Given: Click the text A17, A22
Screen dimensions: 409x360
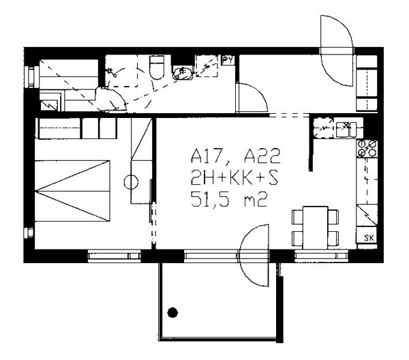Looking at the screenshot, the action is [236, 155].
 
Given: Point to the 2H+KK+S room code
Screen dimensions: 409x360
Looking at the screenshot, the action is [234, 178].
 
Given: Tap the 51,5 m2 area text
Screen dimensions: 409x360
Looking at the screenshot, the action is [229, 200].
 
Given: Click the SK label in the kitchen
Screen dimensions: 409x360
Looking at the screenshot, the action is [369, 238].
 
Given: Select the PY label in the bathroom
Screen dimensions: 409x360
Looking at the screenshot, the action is [228, 60].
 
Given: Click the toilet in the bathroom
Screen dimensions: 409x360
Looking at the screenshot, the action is [157, 67].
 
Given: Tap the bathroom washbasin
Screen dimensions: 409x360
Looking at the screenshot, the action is [183, 72].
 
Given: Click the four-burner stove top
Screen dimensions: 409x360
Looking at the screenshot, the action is [367, 148].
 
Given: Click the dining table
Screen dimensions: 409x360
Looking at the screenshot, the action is [315, 228].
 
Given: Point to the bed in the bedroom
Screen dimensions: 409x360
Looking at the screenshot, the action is [72, 191].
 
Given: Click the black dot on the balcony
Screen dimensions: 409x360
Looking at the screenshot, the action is [172, 312].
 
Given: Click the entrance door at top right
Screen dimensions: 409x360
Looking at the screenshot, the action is [337, 51].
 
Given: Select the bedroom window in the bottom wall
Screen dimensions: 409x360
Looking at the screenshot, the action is [114, 256].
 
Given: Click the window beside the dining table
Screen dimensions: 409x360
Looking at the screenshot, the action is [322, 256].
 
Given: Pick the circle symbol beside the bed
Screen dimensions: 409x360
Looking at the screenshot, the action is [131, 182].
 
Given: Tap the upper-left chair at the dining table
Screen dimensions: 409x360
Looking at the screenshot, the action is [297, 217].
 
